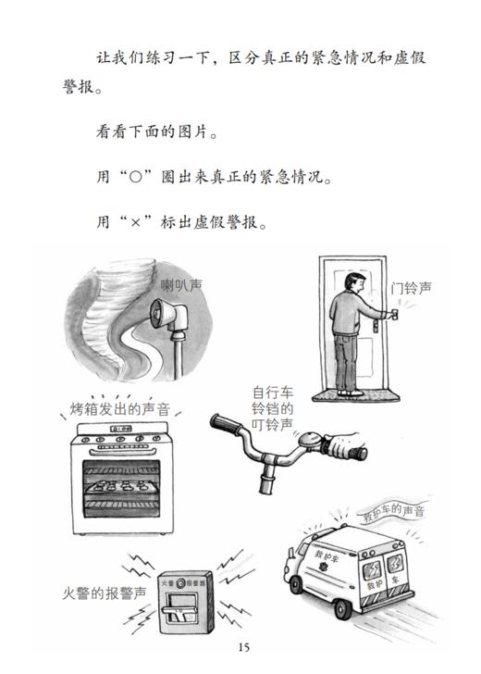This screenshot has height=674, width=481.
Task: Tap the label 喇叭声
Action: [x=181, y=285]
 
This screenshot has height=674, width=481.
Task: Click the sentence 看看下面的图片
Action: [x=157, y=131]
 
